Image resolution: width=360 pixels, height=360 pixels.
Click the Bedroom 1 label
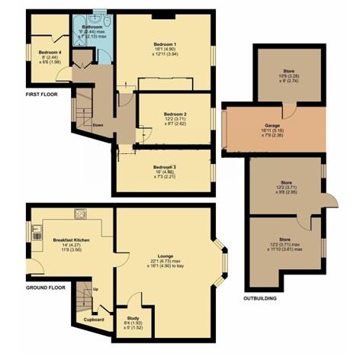165,44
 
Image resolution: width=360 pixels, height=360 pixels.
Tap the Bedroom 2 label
175,115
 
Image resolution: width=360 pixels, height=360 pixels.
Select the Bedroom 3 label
164,167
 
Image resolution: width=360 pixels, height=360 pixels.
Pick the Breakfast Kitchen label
72,239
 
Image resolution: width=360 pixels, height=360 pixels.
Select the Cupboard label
93,320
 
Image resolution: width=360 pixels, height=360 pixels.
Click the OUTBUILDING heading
259,298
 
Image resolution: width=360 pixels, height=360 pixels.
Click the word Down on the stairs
98,124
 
